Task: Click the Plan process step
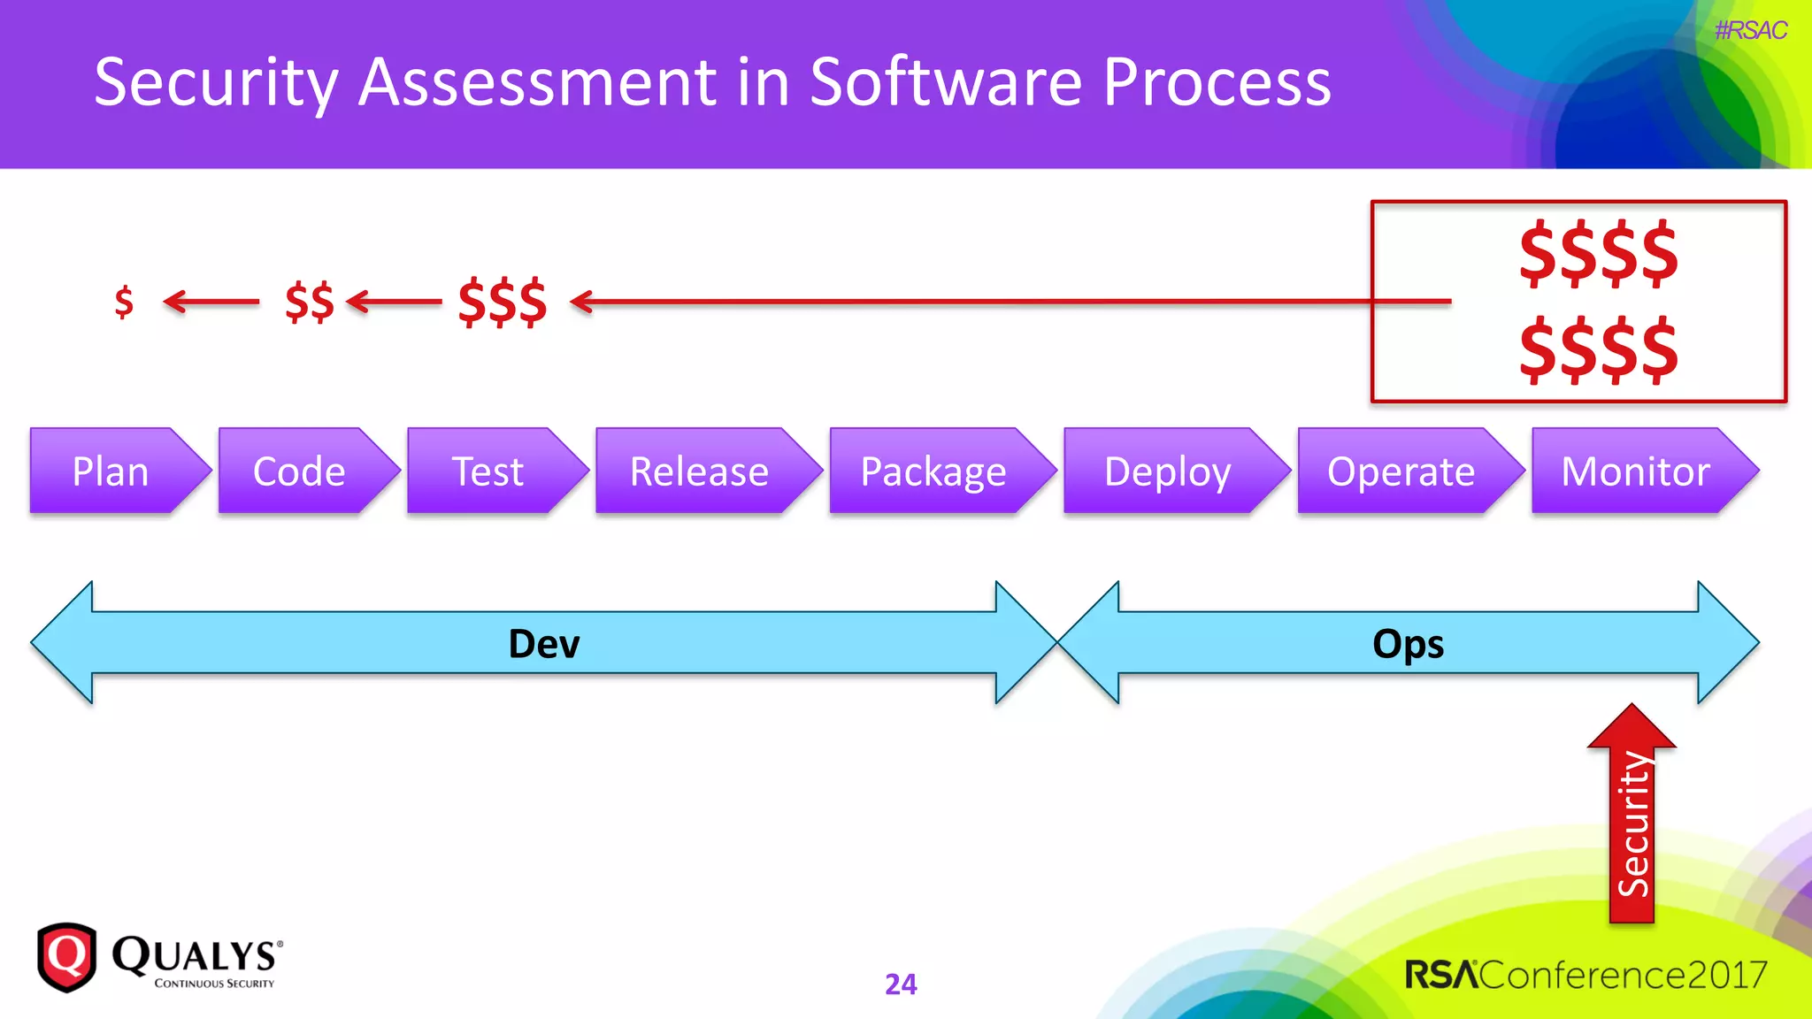click(111, 471)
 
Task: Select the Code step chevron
click(299, 471)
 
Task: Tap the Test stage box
click(488, 471)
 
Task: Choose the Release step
click(699, 471)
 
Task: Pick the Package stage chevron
click(933, 471)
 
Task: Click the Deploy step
click(1167, 471)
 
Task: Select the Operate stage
click(1401, 471)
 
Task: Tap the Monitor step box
click(1635, 471)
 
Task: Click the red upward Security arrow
click(1632, 823)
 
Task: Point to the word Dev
click(543, 644)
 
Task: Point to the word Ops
click(1408, 644)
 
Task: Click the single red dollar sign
click(124, 302)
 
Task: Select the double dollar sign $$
click(310, 302)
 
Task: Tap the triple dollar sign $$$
click(503, 302)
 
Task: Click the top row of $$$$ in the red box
click(1598, 254)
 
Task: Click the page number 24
click(901, 984)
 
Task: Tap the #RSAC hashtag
click(1750, 30)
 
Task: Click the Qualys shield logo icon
click(66, 957)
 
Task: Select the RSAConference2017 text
click(1585, 975)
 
